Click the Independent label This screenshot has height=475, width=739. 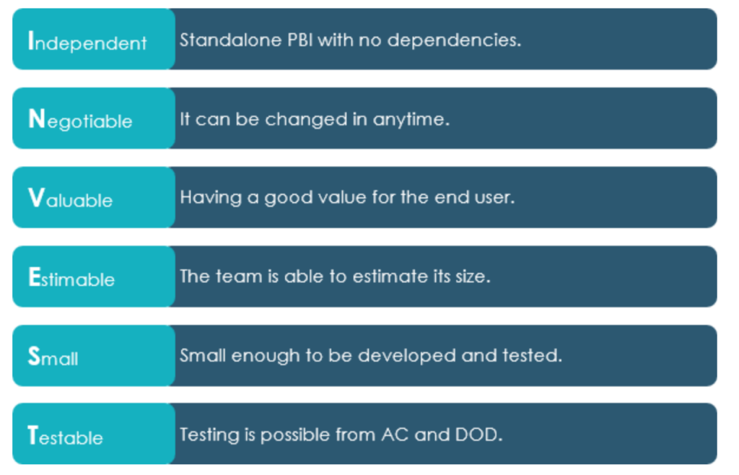coord(87,41)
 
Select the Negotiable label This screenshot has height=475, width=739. coord(81,120)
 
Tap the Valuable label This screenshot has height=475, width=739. coord(71,199)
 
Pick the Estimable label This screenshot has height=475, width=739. coord(71,277)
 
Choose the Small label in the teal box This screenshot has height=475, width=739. coord(53,357)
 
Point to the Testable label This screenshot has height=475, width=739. coord(66,436)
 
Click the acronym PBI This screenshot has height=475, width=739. coord(300,40)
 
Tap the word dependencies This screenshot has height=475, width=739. coord(455,40)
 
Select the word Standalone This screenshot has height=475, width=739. coord(231,40)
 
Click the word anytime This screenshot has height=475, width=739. coord(411,120)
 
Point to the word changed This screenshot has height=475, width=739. coord(306,120)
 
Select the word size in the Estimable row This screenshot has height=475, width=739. coord(473,276)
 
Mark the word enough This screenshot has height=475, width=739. coord(266,357)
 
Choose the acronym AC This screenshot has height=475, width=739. coord(395,435)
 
